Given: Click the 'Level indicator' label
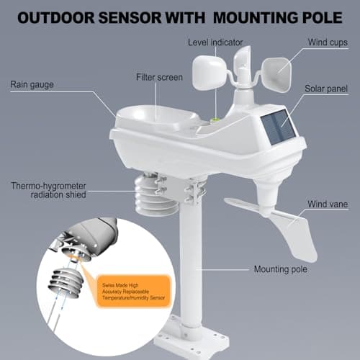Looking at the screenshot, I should (x=215, y=42).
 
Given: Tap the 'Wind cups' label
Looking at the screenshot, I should (x=328, y=42).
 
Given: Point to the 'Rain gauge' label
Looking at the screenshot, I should (x=32, y=84).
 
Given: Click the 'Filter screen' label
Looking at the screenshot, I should (x=160, y=77).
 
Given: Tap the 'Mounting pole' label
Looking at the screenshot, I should (x=279, y=269).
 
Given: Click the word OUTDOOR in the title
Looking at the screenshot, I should (x=62, y=17).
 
